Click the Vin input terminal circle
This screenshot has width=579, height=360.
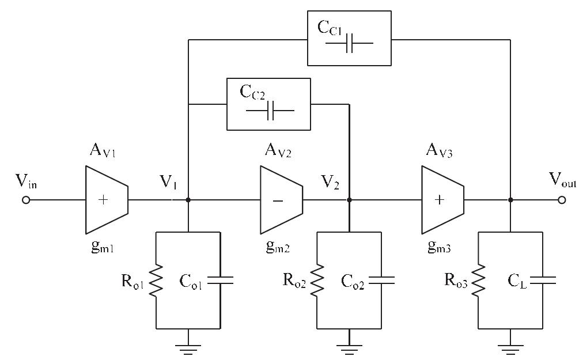[x=26, y=200]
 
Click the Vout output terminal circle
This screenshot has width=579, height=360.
[x=562, y=200]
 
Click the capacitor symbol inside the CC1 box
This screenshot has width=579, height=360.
[x=350, y=43]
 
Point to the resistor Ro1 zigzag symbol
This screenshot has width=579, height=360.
[x=157, y=281]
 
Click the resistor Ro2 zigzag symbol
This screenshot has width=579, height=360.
[x=317, y=281]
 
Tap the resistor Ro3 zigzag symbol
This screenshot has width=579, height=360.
[x=478, y=281]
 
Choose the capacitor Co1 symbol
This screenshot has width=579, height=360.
[x=220, y=281]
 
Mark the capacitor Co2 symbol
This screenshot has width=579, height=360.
[x=381, y=281]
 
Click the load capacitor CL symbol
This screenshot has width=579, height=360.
[x=542, y=281]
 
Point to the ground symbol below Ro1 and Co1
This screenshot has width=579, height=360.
[x=188, y=347]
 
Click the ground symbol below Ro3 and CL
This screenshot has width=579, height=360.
[x=510, y=347]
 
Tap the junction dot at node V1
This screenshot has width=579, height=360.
[x=188, y=200]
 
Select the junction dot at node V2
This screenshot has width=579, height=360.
[x=349, y=200]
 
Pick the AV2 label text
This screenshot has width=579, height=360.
[x=279, y=151]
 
